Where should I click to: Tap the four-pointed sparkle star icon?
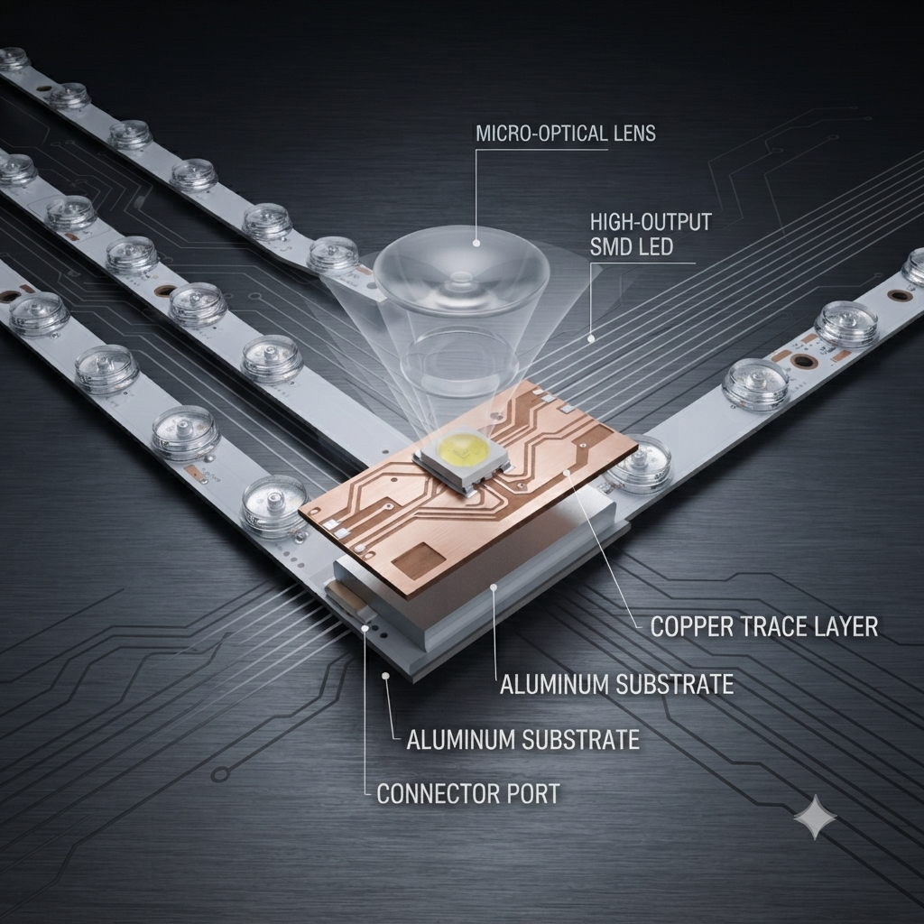(x=815, y=817)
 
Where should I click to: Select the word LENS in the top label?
(x=634, y=134)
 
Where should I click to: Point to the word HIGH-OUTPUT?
(x=651, y=222)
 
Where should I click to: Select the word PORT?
(x=524, y=794)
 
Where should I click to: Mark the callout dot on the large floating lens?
(x=476, y=242)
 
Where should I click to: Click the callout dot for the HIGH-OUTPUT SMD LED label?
(x=591, y=338)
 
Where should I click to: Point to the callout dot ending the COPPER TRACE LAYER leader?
(x=566, y=473)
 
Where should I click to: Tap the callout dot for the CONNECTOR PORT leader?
(x=365, y=628)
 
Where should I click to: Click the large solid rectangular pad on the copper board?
(x=418, y=559)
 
